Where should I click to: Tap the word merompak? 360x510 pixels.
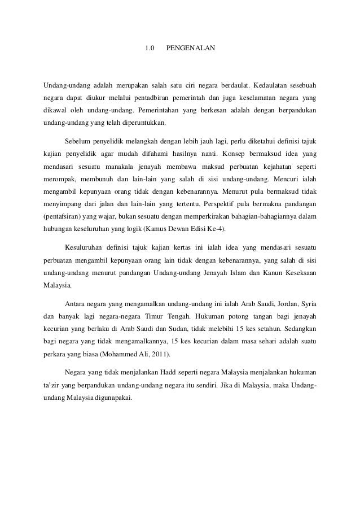point(59,178)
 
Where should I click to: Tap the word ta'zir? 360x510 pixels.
point(53,383)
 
